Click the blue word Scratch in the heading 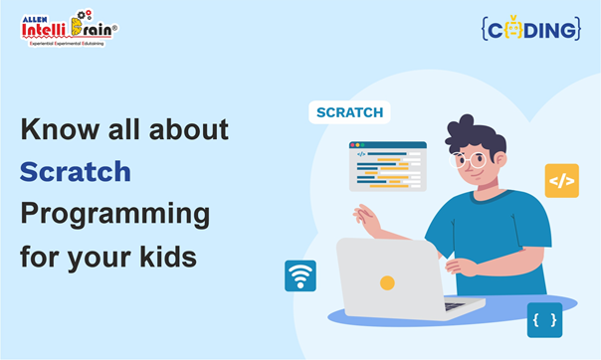(x=76, y=171)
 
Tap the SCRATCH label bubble (x=348, y=112)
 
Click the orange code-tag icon (x=561, y=180)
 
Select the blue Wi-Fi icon (x=300, y=275)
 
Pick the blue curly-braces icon (x=544, y=319)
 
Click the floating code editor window (x=387, y=165)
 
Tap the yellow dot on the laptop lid (x=387, y=282)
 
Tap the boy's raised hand (x=367, y=218)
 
